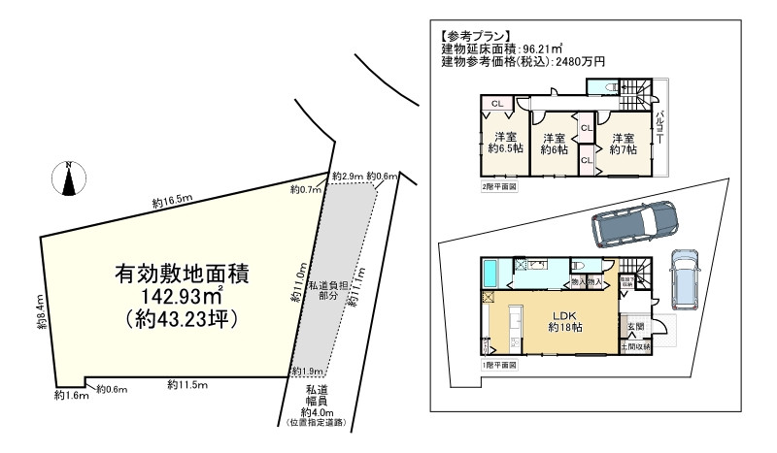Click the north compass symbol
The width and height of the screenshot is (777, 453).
coord(69,178)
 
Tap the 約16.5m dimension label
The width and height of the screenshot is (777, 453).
coord(173,202)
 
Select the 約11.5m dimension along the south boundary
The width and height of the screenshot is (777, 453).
coord(186,384)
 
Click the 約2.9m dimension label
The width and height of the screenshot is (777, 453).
coord(347,177)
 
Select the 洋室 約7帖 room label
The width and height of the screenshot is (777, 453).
coord(623,144)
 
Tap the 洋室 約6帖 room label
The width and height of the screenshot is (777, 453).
coord(555,144)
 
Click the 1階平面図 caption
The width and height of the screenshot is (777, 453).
coord(499,365)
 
